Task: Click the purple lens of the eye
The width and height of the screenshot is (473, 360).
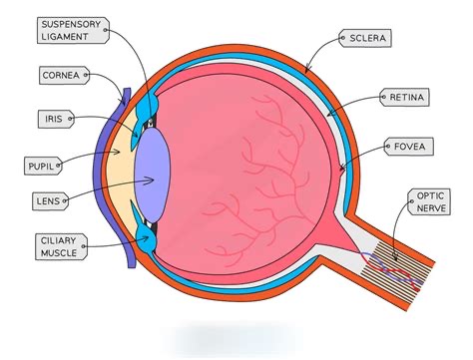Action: [x=155, y=180]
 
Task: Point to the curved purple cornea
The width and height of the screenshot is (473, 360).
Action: [x=117, y=180]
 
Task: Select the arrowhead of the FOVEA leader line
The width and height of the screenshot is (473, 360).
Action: [x=341, y=171]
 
